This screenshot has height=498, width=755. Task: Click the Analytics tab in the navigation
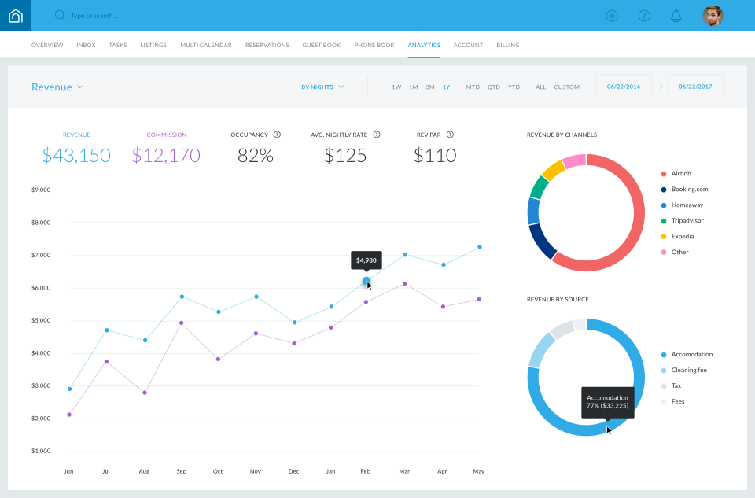click(424, 46)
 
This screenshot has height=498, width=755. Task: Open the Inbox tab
click(86, 46)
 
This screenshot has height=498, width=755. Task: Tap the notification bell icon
click(676, 16)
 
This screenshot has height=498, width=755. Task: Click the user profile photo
click(713, 16)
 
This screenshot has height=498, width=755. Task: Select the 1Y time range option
click(446, 87)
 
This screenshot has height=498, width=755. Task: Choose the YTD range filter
click(514, 87)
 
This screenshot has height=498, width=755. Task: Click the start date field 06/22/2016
click(623, 87)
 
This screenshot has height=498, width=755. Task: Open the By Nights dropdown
click(322, 87)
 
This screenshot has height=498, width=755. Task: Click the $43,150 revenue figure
click(76, 155)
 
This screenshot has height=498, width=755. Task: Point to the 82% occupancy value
click(255, 155)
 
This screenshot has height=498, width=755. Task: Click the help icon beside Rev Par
click(450, 135)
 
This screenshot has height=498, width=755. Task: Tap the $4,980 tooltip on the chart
click(366, 260)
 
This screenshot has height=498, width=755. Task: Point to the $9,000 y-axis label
click(41, 190)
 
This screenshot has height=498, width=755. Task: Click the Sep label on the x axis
click(182, 472)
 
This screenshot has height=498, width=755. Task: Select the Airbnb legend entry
click(681, 174)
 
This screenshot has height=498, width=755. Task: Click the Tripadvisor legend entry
click(687, 221)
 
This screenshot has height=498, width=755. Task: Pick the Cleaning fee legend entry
click(688, 371)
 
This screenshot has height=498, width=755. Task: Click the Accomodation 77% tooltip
click(606, 402)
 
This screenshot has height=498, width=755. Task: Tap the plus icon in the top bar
click(612, 16)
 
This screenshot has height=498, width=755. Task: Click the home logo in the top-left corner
click(16, 16)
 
